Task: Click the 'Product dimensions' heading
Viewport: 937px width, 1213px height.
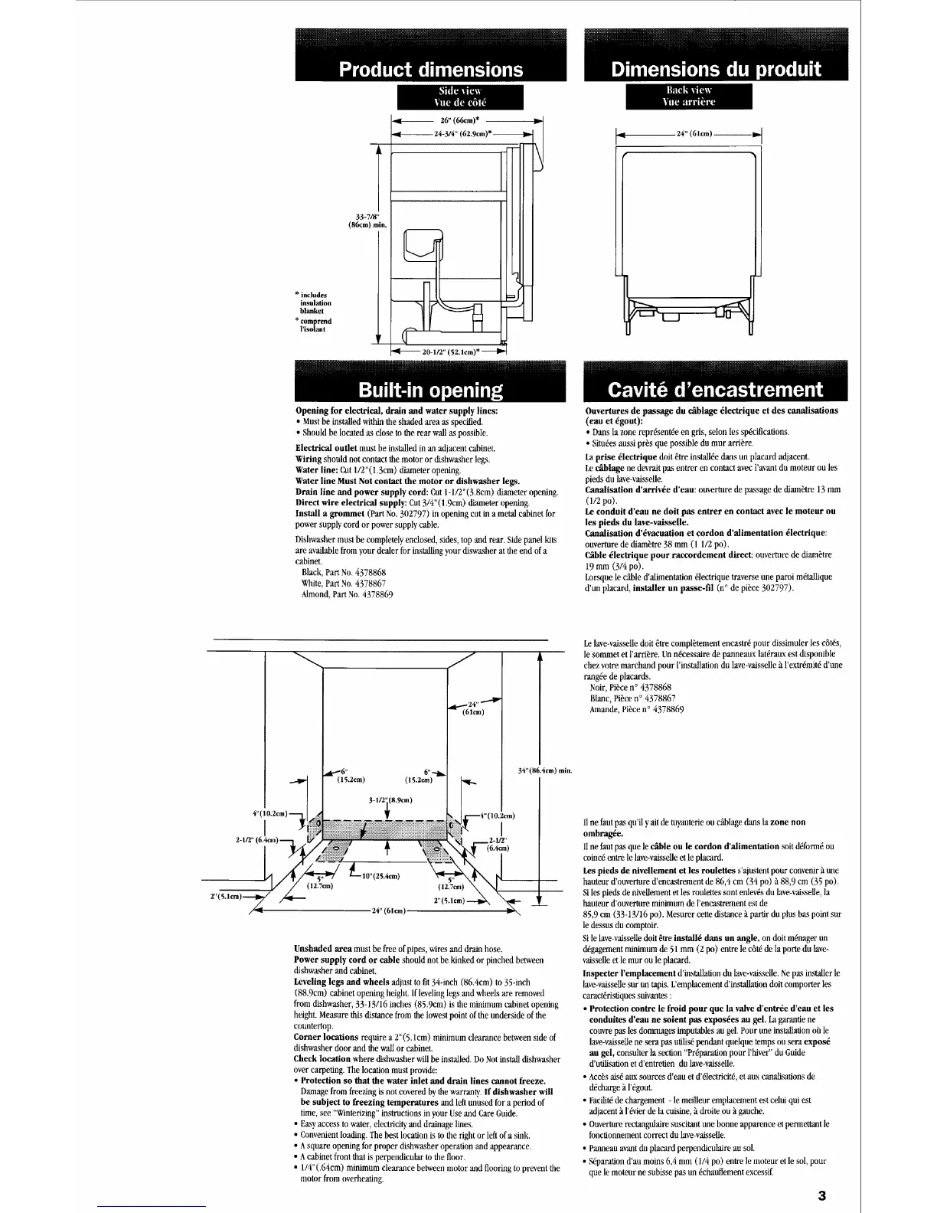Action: (x=431, y=70)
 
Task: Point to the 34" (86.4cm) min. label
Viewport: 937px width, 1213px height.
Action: (x=545, y=770)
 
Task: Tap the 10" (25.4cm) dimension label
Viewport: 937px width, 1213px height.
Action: (x=381, y=875)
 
